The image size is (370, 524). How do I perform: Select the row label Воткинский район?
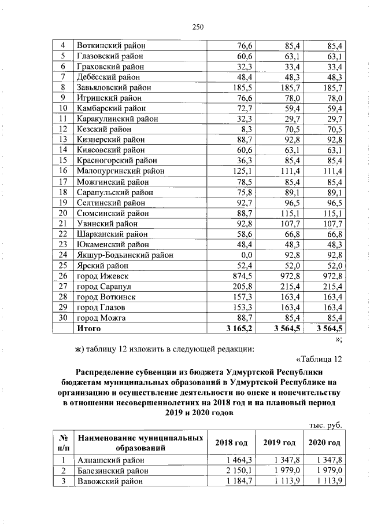tap(111, 46)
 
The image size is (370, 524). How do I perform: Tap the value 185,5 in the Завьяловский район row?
tap(239, 87)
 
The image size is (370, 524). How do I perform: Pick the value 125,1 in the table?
tap(239, 171)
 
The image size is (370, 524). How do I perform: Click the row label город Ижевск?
tap(100, 276)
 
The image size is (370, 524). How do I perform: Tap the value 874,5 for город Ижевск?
tap(239, 276)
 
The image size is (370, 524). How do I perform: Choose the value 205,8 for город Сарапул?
tap(239, 286)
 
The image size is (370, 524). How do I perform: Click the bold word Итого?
tap(88, 328)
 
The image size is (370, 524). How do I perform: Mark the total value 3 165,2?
tap(236, 328)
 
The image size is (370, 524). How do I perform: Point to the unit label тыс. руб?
tap(326, 426)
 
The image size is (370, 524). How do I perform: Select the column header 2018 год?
tap(231, 443)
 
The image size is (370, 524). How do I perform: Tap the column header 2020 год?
tap(324, 443)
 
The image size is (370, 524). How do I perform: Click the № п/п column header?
tap(63, 443)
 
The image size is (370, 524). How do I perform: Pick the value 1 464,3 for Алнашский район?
tap(237, 460)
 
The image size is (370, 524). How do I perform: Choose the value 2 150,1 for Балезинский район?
tap(237, 471)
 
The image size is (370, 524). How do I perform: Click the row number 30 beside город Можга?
tap(64, 318)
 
